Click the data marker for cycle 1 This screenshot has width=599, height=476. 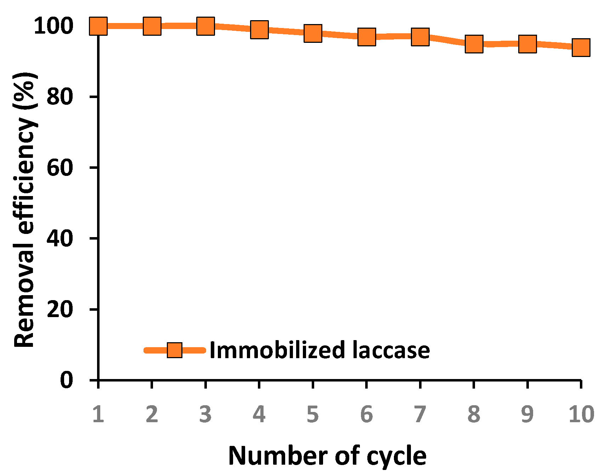[98, 26]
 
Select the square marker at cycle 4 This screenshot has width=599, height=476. [259, 29]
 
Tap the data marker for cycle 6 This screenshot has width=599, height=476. [366, 37]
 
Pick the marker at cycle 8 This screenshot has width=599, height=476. [474, 44]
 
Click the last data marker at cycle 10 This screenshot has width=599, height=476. [581, 47]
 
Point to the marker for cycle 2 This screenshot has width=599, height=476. [152, 26]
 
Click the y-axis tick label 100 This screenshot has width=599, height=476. [53, 26]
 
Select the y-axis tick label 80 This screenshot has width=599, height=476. [60, 97]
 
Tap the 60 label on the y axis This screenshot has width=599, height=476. [60, 167]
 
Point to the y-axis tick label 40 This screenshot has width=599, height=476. [60, 238]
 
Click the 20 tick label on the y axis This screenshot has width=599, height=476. [60, 309]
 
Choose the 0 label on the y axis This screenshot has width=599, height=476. [66, 380]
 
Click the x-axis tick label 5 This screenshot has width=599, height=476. [312, 414]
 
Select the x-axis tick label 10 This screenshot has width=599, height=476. [581, 414]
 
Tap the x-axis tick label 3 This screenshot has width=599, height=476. [205, 414]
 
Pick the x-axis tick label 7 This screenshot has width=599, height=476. [420, 414]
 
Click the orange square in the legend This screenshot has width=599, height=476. [174, 350]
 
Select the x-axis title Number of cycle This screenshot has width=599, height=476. [327, 456]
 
